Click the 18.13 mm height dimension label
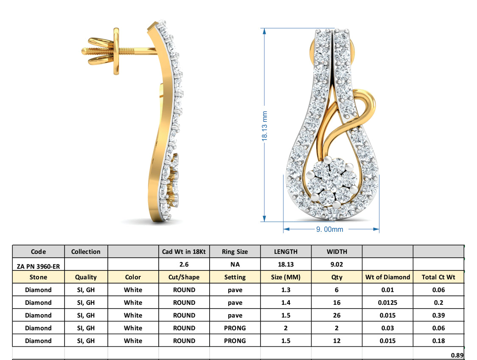(x=264, y=126)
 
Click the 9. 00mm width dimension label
(x=329, y=229)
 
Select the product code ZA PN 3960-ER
(x=38, y=264)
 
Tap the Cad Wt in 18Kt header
(x=184, y=252)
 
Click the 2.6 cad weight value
(x=184, y=264)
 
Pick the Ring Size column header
(x=235, y=252)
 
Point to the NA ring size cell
(x=235, y=264)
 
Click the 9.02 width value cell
(x=337, y=264)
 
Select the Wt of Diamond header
(x=387, y=277)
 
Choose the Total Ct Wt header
(x=438, y=277)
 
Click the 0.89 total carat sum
(x=457, y=355)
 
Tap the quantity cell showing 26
(x=337, y=315)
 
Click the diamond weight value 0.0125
(x=387, y=303)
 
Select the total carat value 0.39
(x=438, y=315)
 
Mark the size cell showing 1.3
(x=286, y=290)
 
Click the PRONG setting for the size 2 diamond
(x=235, y=328)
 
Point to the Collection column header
(x=86, y=252)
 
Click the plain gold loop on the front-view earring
(x=365, y=106)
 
